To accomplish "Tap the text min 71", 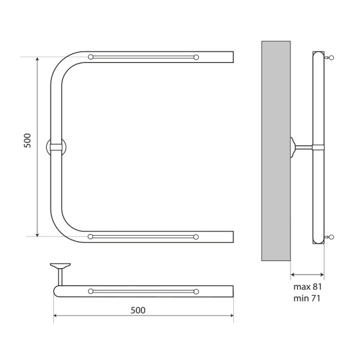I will point(307,298).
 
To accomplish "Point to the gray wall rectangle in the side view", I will point(276,150).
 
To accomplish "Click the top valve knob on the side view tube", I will point(330,58).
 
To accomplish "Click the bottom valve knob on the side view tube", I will point(330,238).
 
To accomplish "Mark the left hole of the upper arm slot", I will point(91,57).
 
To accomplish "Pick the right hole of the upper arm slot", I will point(196,57).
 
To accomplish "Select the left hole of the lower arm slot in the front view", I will point(91,236).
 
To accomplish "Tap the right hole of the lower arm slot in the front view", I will point(196,236).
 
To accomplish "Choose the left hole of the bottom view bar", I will point(91,291).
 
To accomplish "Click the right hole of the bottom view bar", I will point(196,291).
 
